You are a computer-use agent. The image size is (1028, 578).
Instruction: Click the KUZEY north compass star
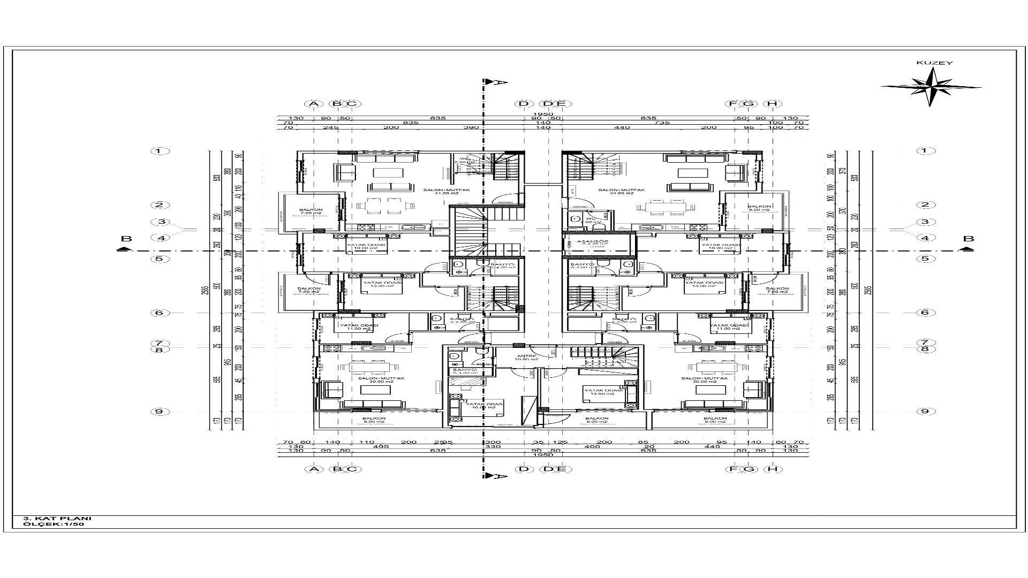(931, 86)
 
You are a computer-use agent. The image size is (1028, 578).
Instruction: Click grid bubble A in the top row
(314, 104)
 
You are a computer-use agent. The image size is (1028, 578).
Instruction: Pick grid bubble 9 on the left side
(160, 411)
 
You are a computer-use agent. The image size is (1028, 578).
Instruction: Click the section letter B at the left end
(126, 239)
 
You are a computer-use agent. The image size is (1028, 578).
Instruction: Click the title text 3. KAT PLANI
(57, 518)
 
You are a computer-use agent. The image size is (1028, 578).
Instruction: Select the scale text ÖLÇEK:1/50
(54, 524)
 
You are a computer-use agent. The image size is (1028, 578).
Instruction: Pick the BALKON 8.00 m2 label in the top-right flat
(759, 208)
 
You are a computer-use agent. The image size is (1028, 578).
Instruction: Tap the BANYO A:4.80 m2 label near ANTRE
(465, 371)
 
